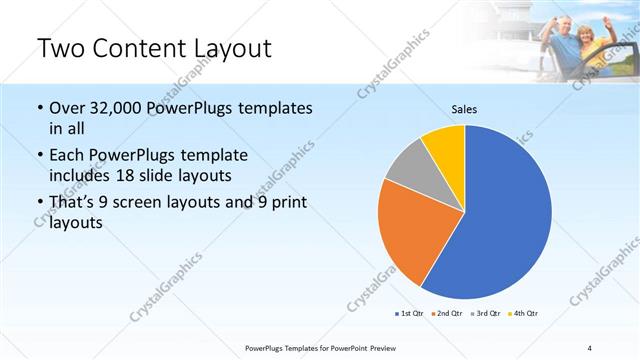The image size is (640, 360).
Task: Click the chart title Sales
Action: point(464,109)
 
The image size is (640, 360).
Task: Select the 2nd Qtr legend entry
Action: point(447,314)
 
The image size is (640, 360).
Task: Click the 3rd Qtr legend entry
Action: point(486,314)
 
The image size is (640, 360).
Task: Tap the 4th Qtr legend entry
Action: point(525,314)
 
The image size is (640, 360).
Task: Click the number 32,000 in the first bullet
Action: point(115,109)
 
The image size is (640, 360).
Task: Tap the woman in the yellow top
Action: point(602,45)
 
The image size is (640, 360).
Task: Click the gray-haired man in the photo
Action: point(566,40)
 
